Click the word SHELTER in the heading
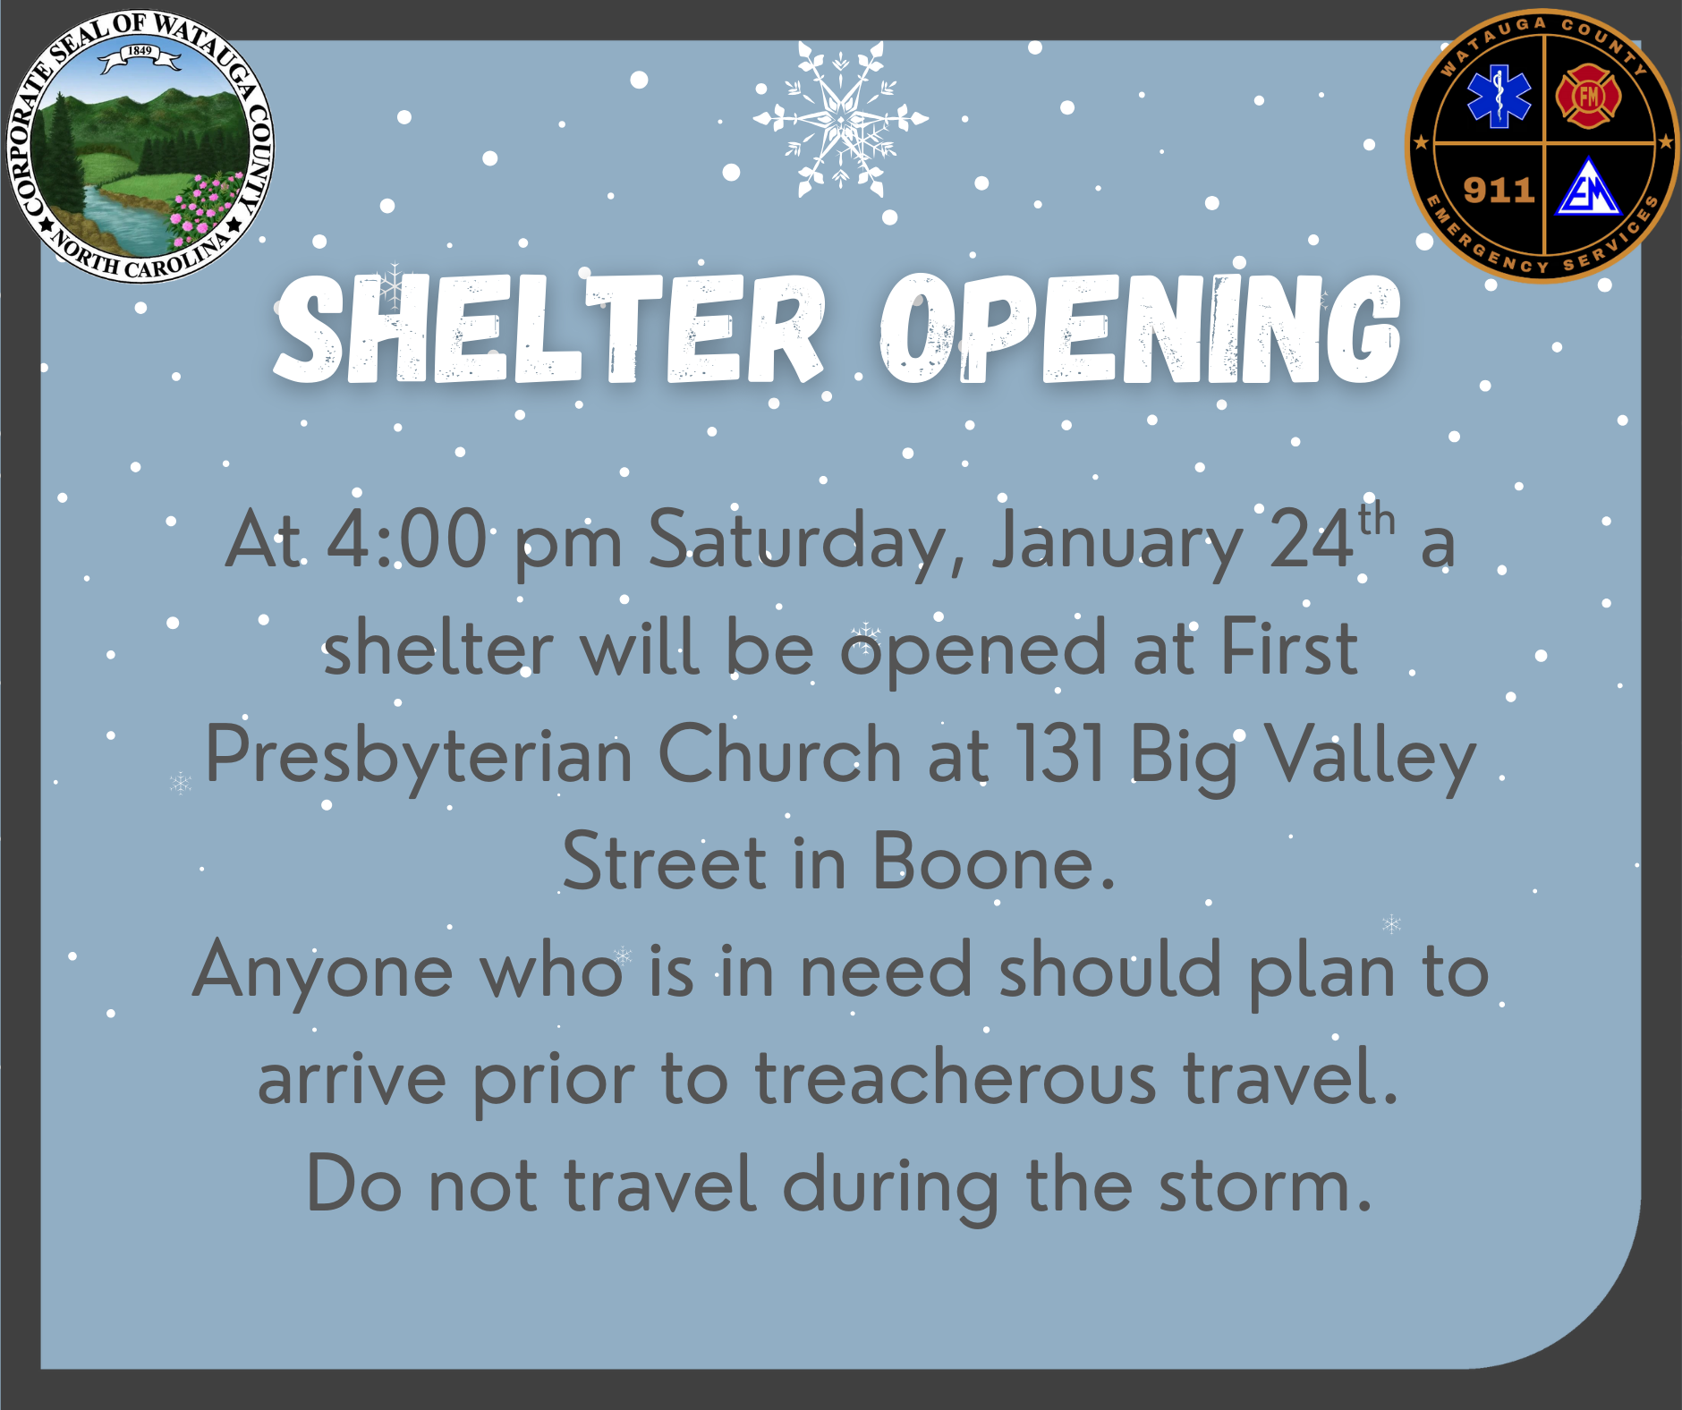tap(548, 329)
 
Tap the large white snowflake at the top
tap(840, 119)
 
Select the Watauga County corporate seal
tap(140, 146)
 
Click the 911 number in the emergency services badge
tap(1499, 191)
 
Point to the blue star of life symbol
tap(1499, 96)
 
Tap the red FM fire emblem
tap(1589, 95)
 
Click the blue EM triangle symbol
tap(1588, 188)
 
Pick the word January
tap(1117, 544)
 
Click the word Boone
tap(983, 862)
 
